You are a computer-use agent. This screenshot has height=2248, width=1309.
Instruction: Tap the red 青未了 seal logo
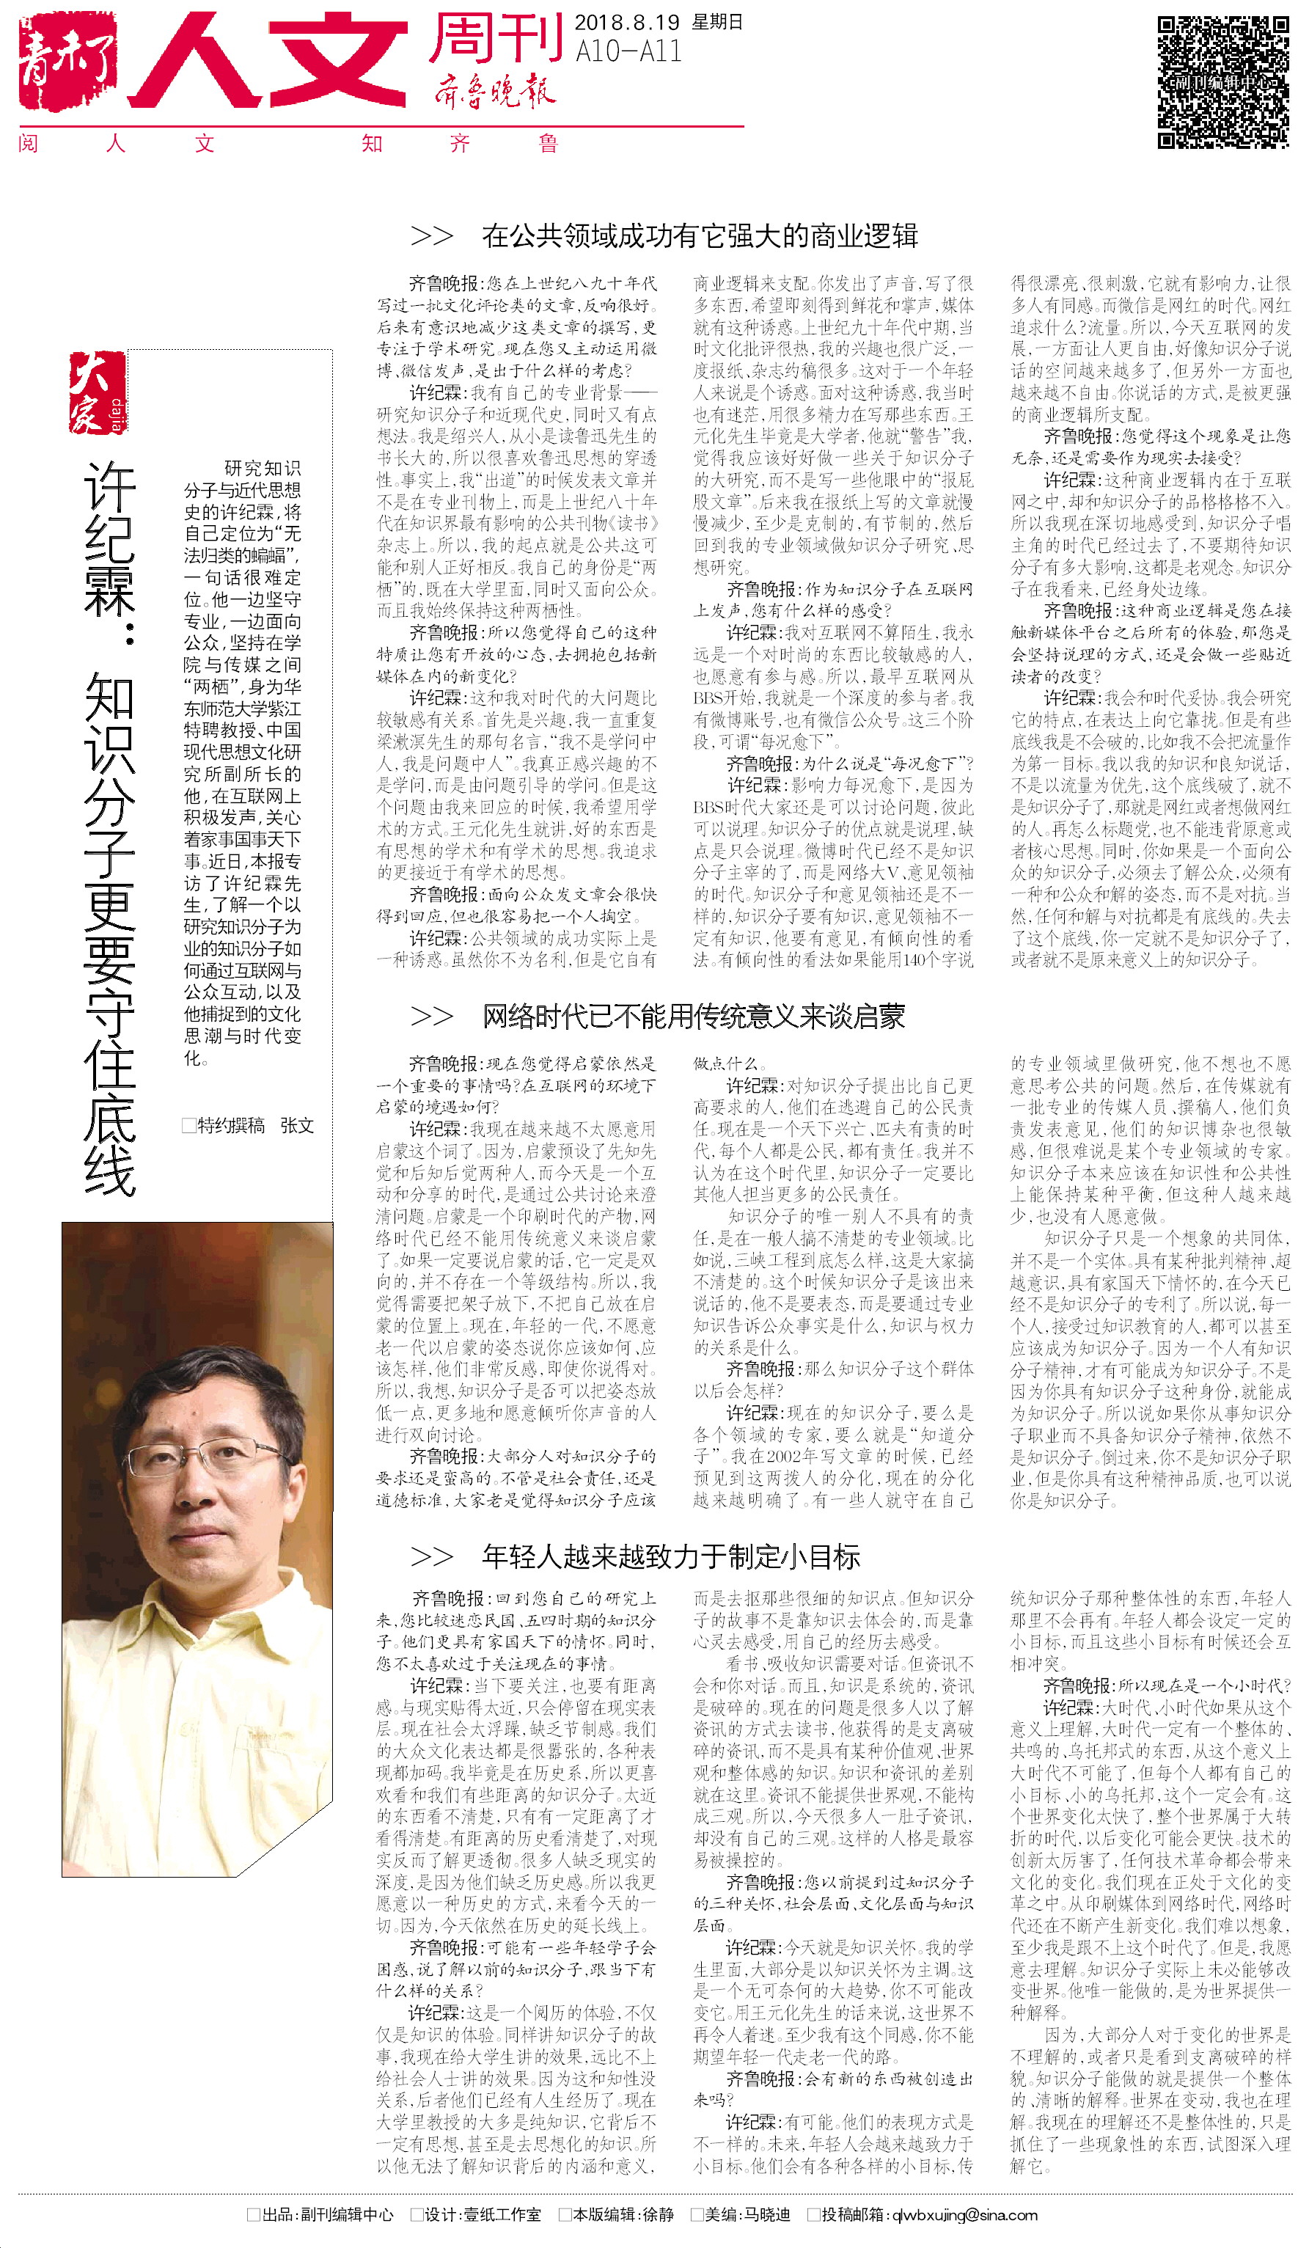67,61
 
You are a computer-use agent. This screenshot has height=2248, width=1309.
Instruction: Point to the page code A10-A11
628,53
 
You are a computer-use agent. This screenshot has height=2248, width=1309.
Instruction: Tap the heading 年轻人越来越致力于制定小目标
670,1556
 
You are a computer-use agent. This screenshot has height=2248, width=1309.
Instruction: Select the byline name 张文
297,1126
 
